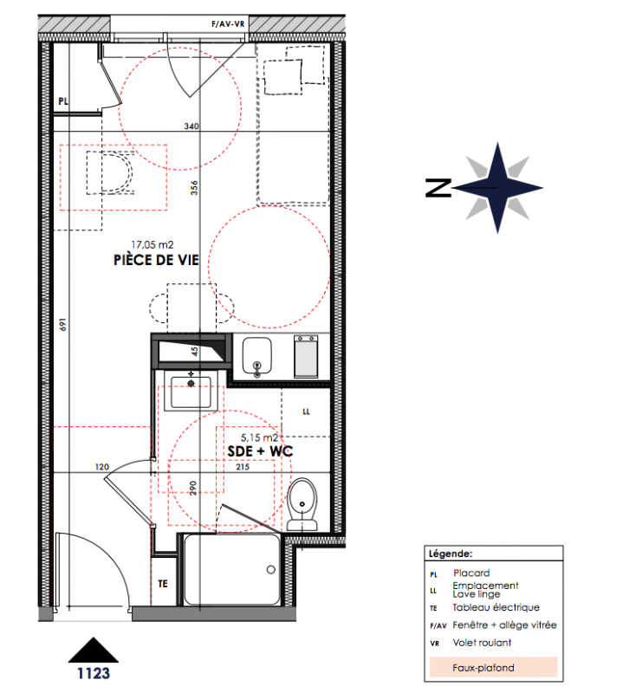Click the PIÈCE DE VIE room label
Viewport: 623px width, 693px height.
(x=156, y=260)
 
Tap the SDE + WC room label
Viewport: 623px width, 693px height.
(x=260, y=451)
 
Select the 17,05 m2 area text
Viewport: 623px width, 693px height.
(x=153, y=244)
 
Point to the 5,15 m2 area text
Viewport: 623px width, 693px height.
(x=259, y=437)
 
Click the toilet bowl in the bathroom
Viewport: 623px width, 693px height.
(x=302, y=504)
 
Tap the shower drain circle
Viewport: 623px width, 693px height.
(x=271, y=570)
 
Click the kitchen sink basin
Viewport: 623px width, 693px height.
(x=256, y=356)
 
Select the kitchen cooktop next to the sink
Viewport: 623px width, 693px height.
(x=306, y=356)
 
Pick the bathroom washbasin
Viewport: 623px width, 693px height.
(x=191, y=392)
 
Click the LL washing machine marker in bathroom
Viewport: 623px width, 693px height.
(x=306, y=412)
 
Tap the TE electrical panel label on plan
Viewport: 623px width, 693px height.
(x=163, y=584)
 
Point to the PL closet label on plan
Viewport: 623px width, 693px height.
(x=63, y=101)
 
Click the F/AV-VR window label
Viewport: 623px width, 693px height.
(x=228, y=24)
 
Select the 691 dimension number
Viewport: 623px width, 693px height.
(x=62, y=324)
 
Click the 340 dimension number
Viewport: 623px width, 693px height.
(x=191, y=126)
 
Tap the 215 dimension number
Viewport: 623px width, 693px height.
(x=243, y=467)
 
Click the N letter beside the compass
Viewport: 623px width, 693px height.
(x=438, y=188)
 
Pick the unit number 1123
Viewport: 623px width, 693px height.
(x=94, y=673)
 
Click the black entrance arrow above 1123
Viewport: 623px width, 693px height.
(x=94, y=650)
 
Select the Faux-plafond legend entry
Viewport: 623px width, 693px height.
(x=483, y=667)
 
